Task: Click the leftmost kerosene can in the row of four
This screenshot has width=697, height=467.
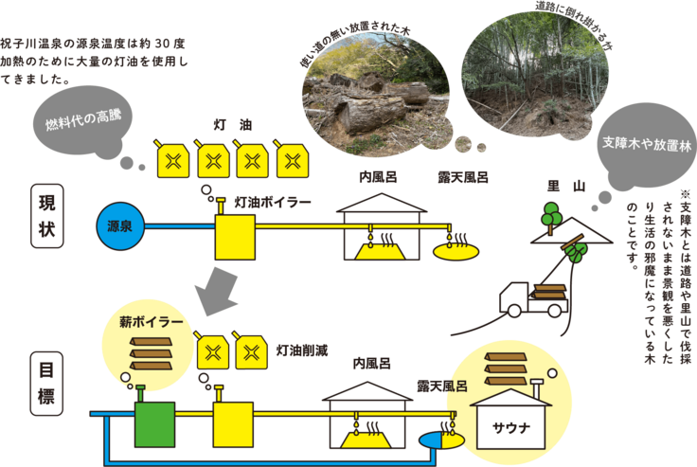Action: (173, 159)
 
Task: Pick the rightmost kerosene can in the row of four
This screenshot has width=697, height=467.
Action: (290, 159)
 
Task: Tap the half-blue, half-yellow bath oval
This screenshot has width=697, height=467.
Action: (439, 440)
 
